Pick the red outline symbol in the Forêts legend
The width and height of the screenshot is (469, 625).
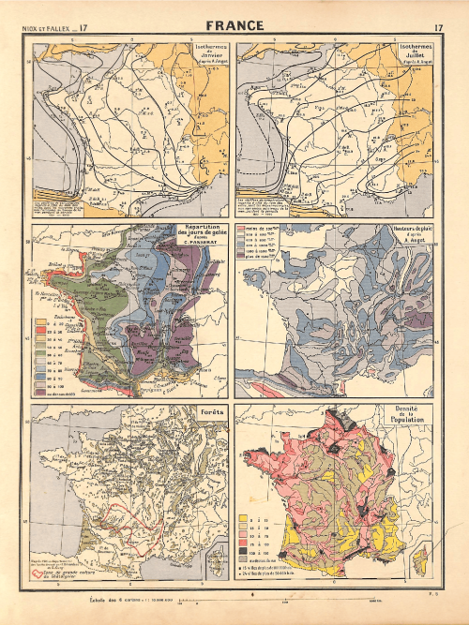(38, 573)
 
